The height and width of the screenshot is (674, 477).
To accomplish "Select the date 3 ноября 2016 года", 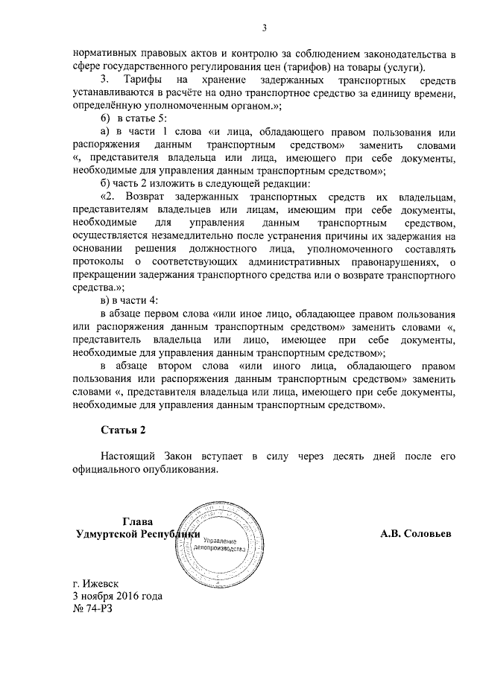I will coord(117,596).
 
